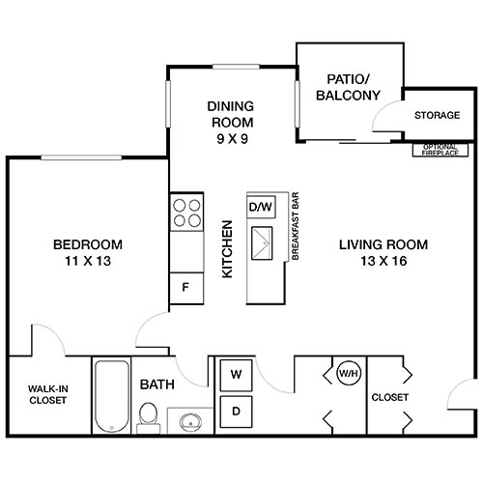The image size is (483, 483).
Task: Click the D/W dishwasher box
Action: coord(261,207)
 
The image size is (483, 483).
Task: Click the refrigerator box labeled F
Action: coord(185,286)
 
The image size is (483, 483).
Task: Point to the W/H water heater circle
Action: coord(348,372)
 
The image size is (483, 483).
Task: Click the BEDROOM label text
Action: coord(87,243)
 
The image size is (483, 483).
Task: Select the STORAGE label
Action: coord(437,116)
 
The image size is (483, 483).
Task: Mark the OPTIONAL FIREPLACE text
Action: coord(441,149)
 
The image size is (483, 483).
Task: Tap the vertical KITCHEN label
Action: coord(229,250)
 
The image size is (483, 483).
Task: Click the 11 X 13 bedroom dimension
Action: coord(87,261)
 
